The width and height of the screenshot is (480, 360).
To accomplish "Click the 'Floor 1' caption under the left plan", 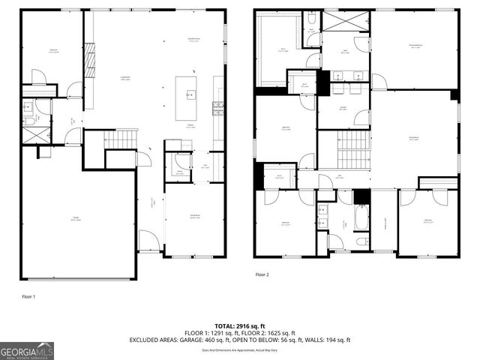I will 28,297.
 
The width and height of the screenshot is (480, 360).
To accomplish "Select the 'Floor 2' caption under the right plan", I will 261,274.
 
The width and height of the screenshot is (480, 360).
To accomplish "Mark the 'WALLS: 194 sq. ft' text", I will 331,340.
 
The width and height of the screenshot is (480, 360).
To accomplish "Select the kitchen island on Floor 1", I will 188,97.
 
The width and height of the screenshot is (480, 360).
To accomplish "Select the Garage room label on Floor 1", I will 76,218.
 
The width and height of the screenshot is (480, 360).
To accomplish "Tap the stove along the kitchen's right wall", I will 218,105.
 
